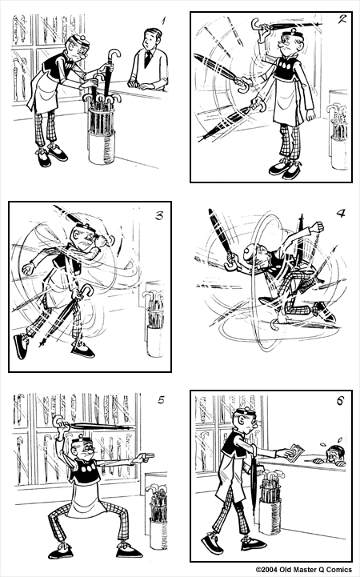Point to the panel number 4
(x=340, y=214)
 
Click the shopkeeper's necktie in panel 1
(x=147, y=58)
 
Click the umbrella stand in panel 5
(x=157, y=519)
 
